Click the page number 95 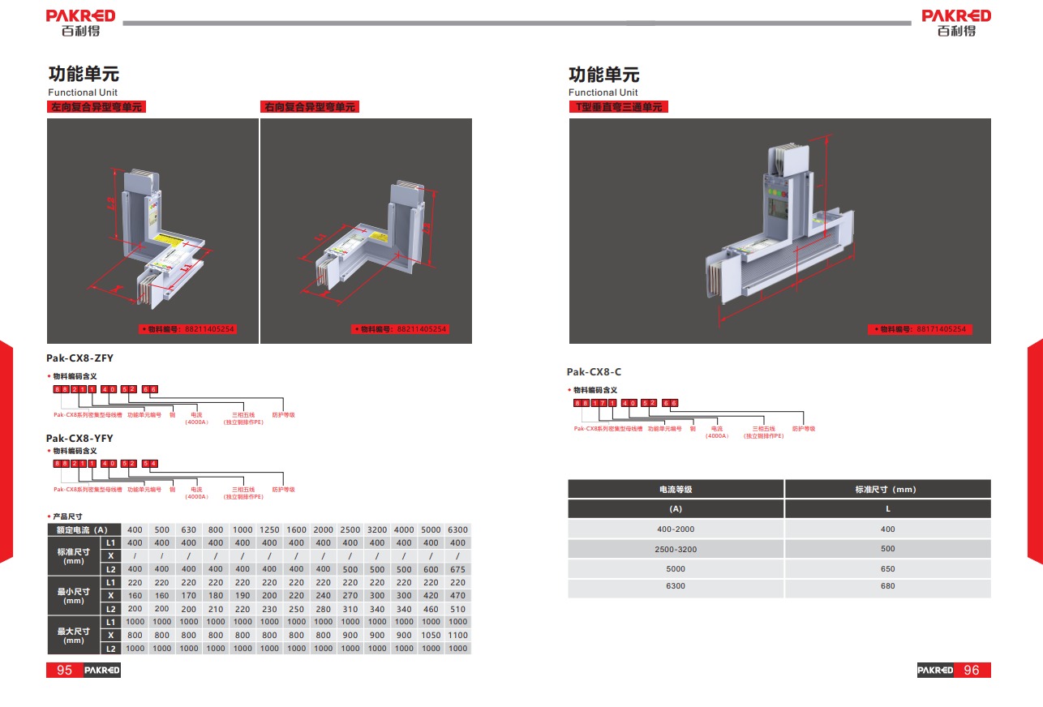coord(64,670)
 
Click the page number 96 coord(971,670)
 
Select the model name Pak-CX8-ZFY coord(79,358)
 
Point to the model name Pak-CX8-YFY coord(79,439)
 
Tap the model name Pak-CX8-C coord(594,372)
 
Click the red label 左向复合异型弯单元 coord(97,107)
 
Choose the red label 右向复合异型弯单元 coord(309,107)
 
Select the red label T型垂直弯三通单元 coord(618,107)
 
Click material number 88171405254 coord(941,329)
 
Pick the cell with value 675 coord(457,569)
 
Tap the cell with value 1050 coord(431,635)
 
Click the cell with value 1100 coord(457,635)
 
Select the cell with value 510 coord(457,609)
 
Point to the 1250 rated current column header coord(269,529)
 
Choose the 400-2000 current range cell coord(675,529)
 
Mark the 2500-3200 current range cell coord(675,549)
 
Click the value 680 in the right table coord(887,586)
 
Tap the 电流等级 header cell coord(675,489)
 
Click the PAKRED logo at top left coord(81,23)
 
